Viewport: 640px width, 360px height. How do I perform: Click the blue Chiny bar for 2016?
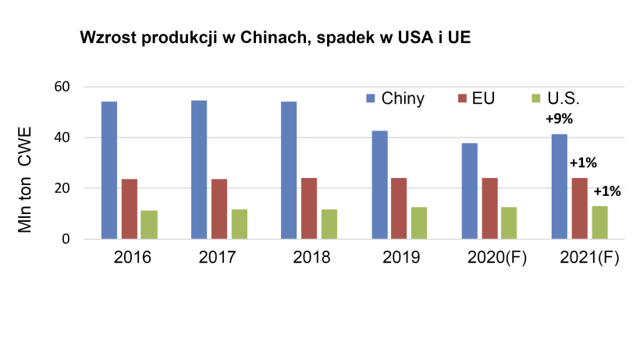109,170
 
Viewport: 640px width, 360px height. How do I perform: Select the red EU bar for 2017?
219,209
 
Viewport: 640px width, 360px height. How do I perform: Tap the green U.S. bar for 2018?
329,223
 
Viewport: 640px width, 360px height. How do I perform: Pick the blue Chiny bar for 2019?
380,184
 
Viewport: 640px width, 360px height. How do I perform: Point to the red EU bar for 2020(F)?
490,209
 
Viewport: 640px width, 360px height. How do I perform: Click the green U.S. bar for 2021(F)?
600,222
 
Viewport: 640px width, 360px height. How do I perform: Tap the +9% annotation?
559,120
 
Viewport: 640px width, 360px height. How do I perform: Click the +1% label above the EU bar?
583,163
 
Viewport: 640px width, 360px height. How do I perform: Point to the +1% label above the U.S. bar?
607,191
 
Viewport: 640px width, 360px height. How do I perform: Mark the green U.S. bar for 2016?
149,224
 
